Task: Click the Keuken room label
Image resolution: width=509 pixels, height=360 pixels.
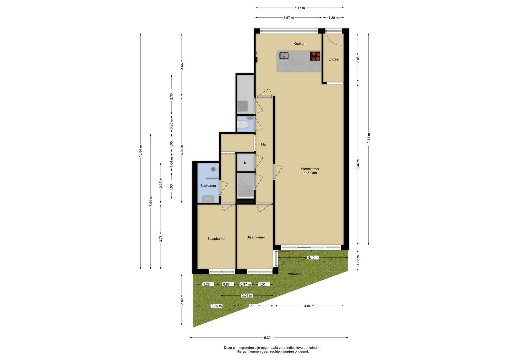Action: coord(299,44)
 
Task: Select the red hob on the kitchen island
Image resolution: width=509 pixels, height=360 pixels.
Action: coord(315,56)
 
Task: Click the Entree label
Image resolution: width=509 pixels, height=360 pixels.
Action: coord(333,59)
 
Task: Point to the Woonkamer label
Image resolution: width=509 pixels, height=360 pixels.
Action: coord(310,169)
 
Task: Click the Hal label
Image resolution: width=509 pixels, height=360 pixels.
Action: coord(264,144)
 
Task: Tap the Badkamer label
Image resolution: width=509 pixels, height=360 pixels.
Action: coord(208,186)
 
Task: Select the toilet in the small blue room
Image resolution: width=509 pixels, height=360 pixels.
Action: coord(243,124)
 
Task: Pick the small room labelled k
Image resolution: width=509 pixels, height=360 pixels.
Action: coord(245,163)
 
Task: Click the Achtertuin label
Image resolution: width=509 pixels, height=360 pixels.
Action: coord(295,274)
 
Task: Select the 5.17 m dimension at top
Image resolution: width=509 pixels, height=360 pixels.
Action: coord(300,8)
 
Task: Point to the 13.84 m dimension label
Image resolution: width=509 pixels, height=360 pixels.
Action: coord(140,151)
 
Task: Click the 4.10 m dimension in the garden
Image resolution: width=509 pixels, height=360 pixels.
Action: coord(313,257)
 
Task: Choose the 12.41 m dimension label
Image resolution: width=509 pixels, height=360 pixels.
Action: coord(369,139)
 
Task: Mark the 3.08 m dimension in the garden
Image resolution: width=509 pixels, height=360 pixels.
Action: coord(247,296)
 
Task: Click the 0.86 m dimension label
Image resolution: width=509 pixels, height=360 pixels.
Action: coord(228,284)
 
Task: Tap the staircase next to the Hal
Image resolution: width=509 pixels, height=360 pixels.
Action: coord(245,186)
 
